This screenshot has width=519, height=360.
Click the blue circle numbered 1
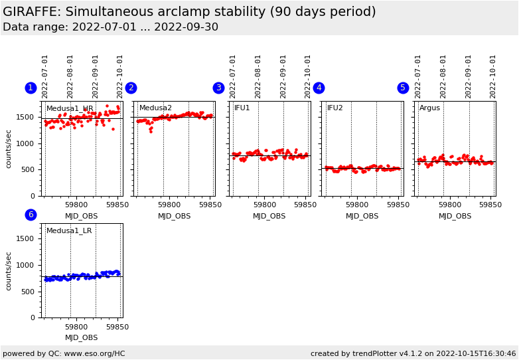pos(31,88)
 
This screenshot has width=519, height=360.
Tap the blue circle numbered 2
pos(131,88)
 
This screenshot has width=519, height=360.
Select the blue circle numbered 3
pos(218,88)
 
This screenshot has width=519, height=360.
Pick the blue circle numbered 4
pos(319,88)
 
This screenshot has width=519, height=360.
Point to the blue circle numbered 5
pos(403,88)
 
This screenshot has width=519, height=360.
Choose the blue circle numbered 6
pos(31,215)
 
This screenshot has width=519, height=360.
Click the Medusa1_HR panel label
pos(70,108)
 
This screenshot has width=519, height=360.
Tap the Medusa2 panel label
pos(155,108)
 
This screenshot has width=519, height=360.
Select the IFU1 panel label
pos(242,108)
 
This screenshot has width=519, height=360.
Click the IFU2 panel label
pos(335,108)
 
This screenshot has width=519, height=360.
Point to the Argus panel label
pos(429,108)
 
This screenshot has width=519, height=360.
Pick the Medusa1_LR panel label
pos(69,231)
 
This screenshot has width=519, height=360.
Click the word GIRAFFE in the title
pos(32,12)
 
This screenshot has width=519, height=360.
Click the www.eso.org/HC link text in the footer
pos(90,353)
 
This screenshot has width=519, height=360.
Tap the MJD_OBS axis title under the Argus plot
pos(455,216)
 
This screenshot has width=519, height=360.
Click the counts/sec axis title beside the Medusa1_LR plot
pos(9,271)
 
